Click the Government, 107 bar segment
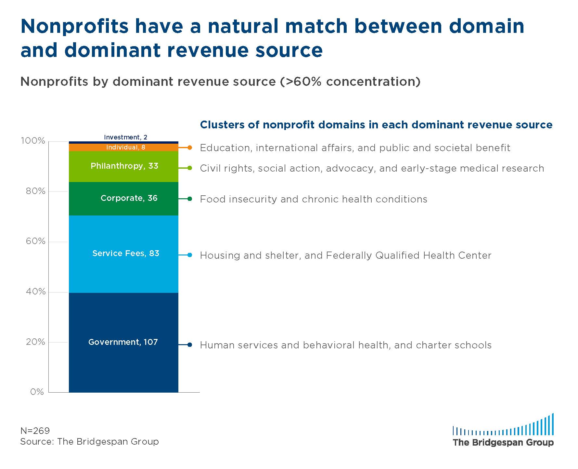[x=123, y=343]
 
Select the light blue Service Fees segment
[x=123, y=254]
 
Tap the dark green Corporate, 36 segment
[x=123, y=199]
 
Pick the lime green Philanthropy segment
[x=123, y=166]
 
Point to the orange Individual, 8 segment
[x=123, y=147]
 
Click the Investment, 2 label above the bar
[x=125, y=137]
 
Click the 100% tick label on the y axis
[x=33, y=141]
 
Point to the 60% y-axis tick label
[x=35, y=241]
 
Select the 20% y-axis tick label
[x=35, y=342]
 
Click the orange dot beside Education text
[x=190, y=148]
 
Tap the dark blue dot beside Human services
[x=190, y=345]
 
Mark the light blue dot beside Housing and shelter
[x=190, y=255]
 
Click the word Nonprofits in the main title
[x=75, y=26]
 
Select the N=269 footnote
[x=35, y=431]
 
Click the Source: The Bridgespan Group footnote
[x=90, y=441]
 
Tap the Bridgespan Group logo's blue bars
[x=503, y=424]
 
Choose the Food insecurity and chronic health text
[x=314, y=199]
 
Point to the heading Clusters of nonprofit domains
[x=376, y=125]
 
